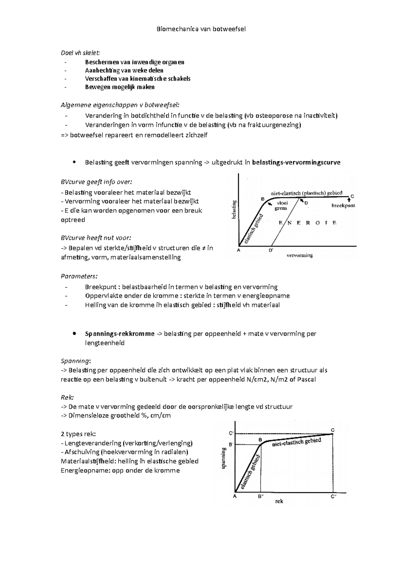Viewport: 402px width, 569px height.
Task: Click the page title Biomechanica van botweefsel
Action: (201, 29)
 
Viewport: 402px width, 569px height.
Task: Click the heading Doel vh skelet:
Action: (80, 53)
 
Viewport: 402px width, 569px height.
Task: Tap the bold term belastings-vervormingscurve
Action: (296, 163)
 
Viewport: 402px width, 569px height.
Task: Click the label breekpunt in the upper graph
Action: (343, 205)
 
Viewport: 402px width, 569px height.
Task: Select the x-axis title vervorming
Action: (299, 255)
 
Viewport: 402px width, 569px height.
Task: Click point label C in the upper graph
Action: (352, 196)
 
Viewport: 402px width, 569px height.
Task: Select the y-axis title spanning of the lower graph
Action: (223, 458)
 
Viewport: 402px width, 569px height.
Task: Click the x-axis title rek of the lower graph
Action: (279, 502)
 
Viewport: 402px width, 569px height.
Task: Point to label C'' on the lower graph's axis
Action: (333, 497)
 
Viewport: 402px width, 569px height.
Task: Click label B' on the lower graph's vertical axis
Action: (231, 445)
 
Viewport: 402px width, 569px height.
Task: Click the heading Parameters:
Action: (79, 276)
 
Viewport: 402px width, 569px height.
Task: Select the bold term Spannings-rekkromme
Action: (120, 334)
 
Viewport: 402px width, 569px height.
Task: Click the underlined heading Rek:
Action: (67, 397)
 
